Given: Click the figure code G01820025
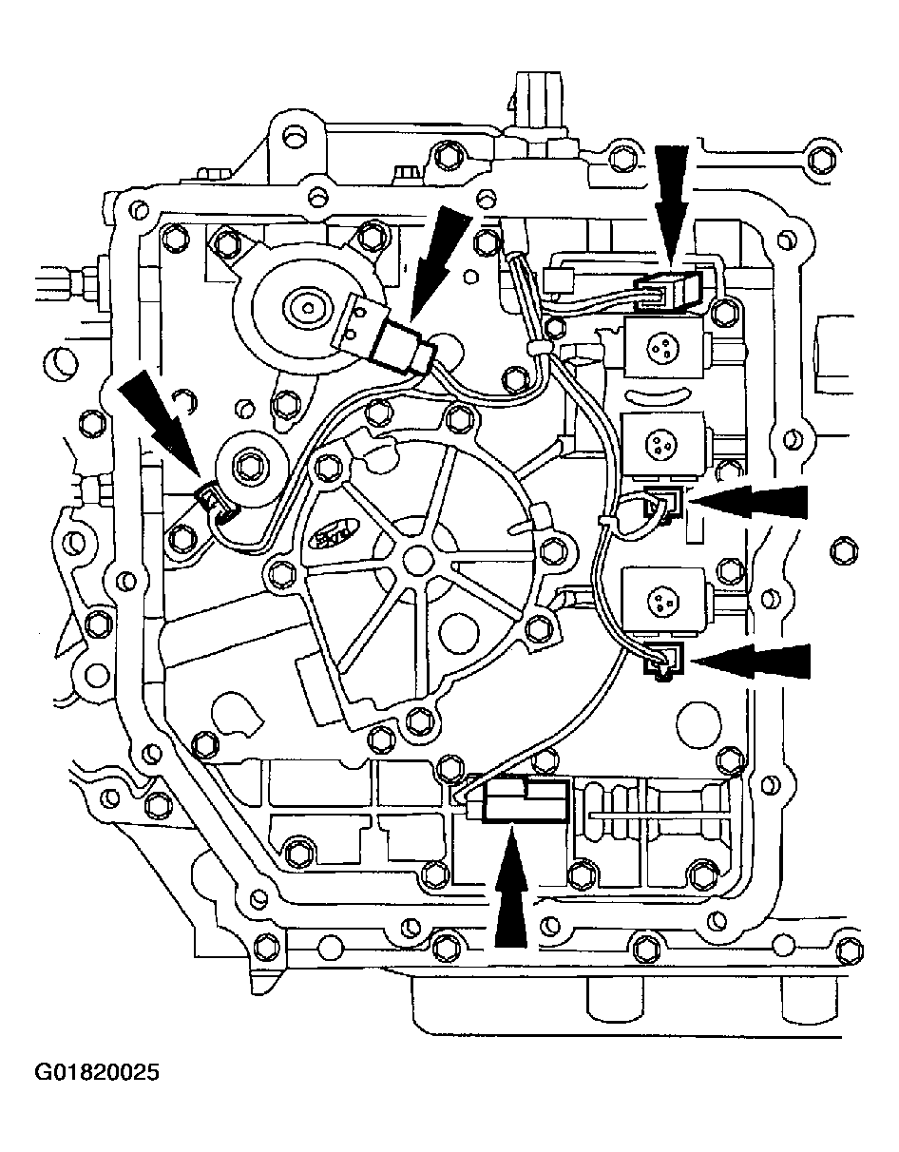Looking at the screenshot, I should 97,1073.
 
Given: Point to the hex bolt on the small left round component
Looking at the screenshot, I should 250,466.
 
